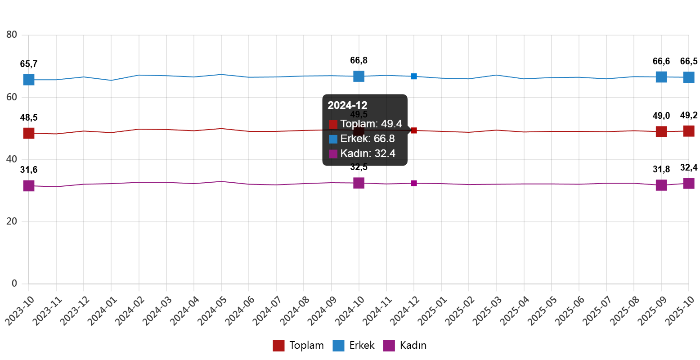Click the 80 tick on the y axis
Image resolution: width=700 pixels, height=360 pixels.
12,35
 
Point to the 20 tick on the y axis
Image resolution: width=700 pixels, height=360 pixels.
12,221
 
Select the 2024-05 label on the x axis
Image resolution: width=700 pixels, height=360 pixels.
212,310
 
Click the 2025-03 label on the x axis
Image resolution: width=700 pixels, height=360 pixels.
487,310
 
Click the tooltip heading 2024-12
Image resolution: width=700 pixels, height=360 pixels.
347,106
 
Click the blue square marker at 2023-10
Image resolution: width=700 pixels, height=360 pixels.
29,80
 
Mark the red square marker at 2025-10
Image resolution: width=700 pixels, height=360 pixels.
689,131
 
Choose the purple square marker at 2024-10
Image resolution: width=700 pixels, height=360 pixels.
359,183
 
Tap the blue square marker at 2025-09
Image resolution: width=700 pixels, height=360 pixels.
661,77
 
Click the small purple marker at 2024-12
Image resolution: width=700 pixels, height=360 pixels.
414,183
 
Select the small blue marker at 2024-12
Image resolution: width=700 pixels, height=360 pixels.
414,76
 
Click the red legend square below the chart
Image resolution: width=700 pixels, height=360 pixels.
278,346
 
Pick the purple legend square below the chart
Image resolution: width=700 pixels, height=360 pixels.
389,346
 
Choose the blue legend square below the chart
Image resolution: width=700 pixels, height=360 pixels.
338,346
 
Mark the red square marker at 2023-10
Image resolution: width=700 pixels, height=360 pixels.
29,133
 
